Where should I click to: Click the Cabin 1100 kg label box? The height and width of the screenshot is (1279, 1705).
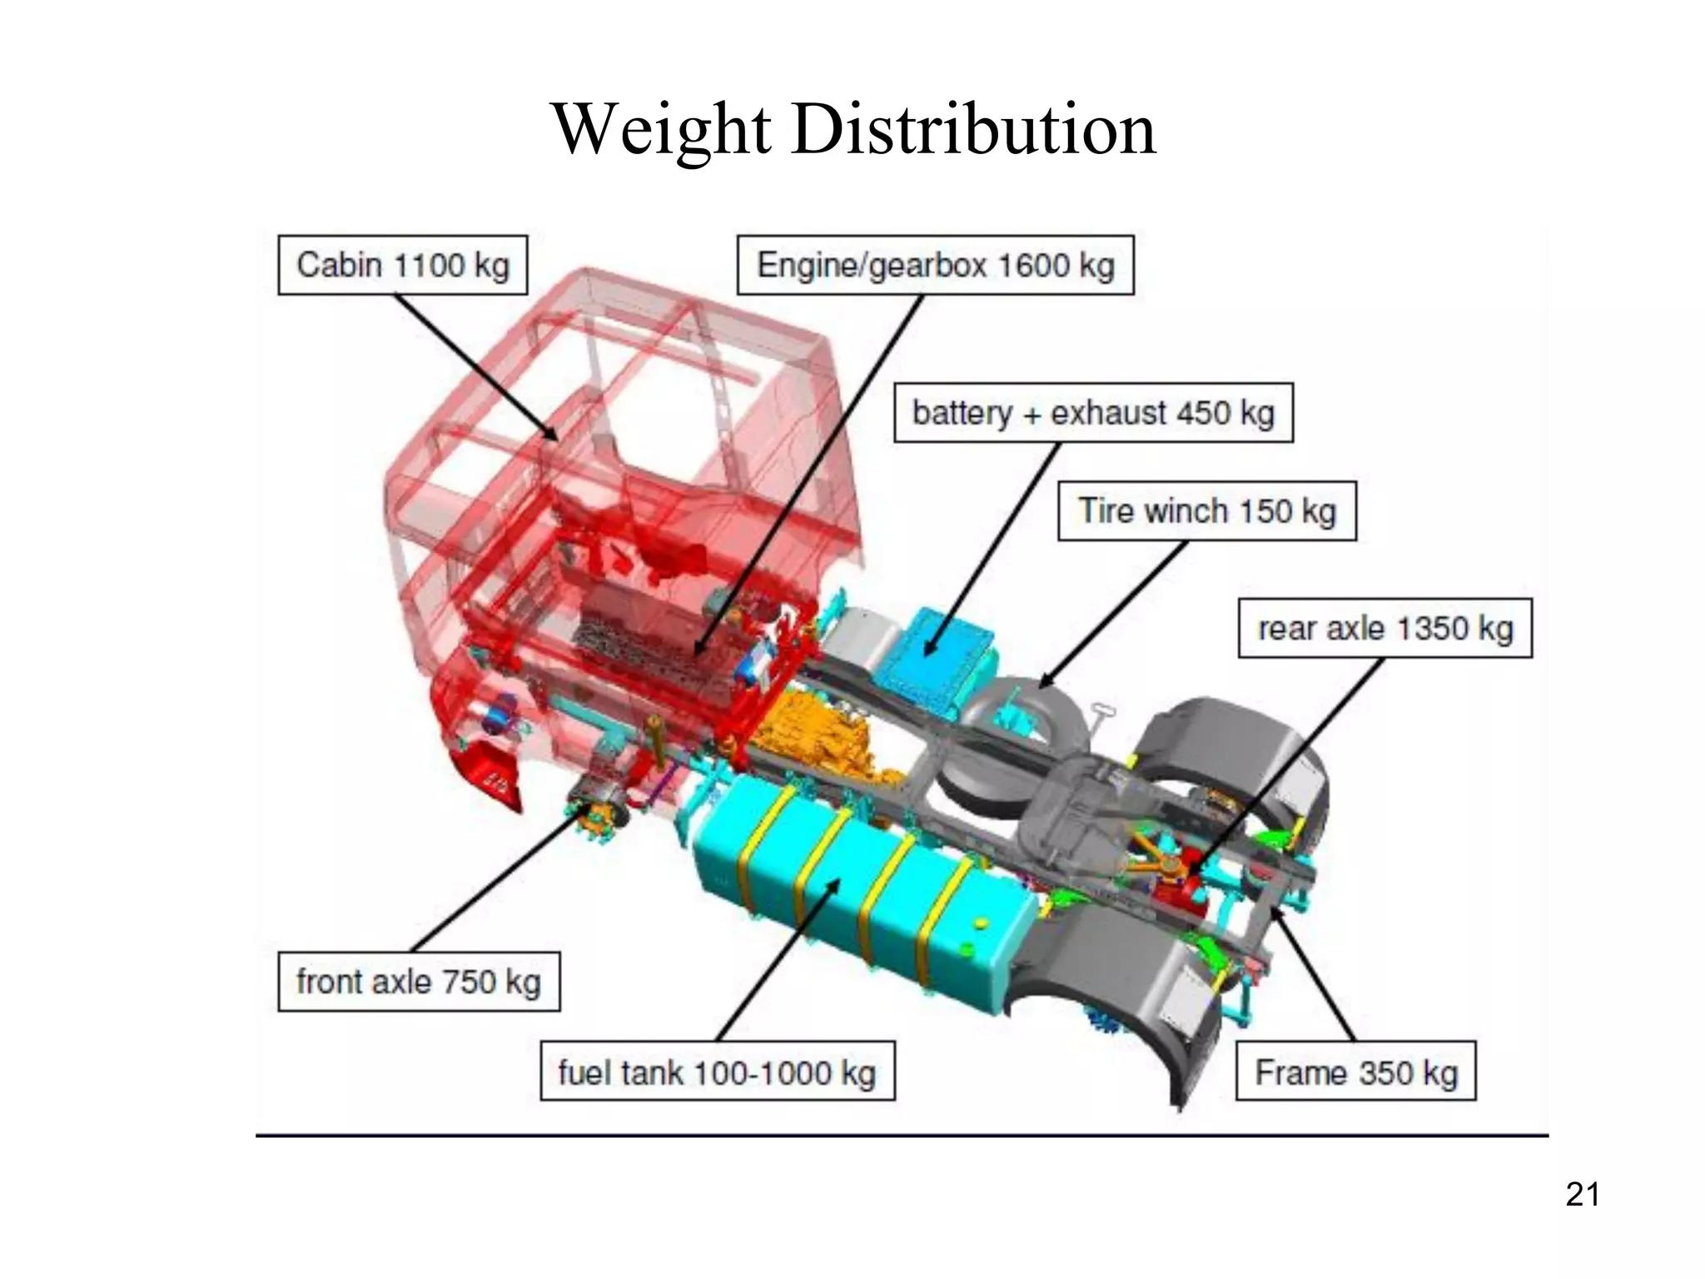[x=402, y=265]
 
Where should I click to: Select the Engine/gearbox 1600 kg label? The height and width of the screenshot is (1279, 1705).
[x=935, y=265]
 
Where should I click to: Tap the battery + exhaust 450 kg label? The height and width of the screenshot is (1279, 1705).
[x=1093, y=413]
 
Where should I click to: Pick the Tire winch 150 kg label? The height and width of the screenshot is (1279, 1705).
[x=1206, y=510]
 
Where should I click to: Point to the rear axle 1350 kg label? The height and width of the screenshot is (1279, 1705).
[x=1384, y=629]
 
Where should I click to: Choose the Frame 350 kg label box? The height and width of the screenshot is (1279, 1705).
[x=1355, y=1072]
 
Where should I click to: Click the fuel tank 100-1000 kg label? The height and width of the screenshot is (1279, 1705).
[x=717, y=1072]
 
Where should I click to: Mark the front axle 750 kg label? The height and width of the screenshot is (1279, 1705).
[x=418, y=982]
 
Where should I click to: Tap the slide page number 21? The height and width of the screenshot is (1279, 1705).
[x=1582, y=1194]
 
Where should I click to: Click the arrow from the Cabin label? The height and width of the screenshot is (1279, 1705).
[x=475, y=366]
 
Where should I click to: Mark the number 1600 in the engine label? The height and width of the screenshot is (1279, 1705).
[x=1032, y=265]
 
